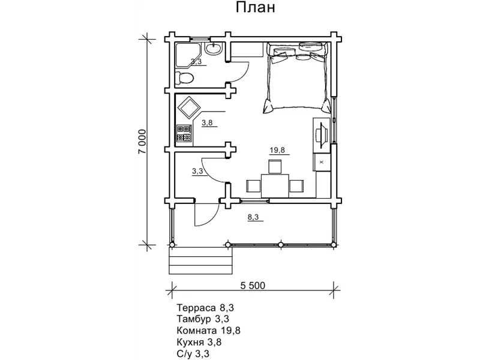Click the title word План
pyautogui.click(x=255, y=8)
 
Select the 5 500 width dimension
pyautogui.click(x=253, y=286)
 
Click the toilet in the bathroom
pyautogui.click(x=185, y=78)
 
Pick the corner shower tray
pyautogui.click(x=188, y=56)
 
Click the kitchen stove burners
pyautogui.click(x=184, y=133)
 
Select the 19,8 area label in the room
pyautogui.click(x=277, y=150)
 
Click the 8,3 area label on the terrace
pyautogui.click(x=253, y=217)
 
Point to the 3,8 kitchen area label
pyautogui.click(x=207, y=123)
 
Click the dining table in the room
pyautogui.click(x=275, y=185)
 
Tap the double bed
pyautogui.click(x=297, y=77)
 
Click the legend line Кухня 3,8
pyautogui.click(x=199, y=342)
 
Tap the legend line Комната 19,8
pyautogui.click(x=208, y=331)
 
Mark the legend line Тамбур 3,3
pyautogui.click(x=203, y=319)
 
